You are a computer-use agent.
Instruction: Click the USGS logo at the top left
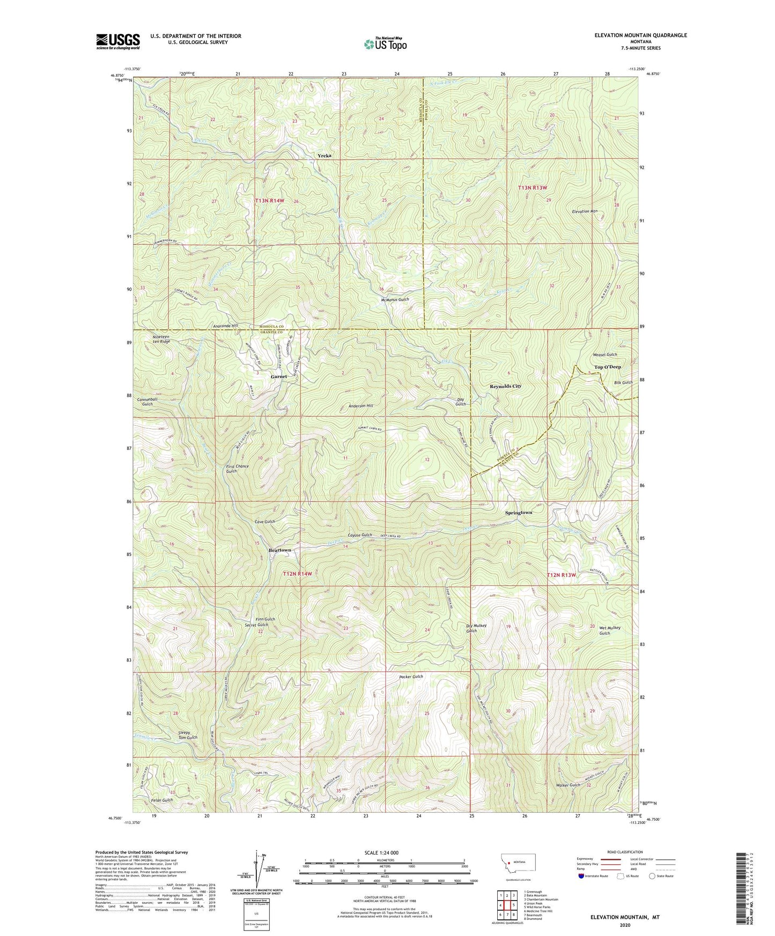[x=118, y=41]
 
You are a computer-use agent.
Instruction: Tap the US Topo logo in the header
[x=385, y=44]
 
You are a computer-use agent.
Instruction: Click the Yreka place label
[x=324, y=155]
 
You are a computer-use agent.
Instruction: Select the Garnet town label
[x=279, y=377]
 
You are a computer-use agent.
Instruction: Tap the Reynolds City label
[x=505, y=386]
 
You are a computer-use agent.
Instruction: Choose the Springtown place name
[x=519, y=512]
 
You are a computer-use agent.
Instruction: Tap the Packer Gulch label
[x=411, y=677]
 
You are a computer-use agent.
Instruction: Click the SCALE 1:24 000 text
[x=381, y=852]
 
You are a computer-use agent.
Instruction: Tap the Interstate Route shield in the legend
[x=582, y=876]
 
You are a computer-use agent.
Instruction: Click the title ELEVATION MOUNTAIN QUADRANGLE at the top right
[x=640, y=35]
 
